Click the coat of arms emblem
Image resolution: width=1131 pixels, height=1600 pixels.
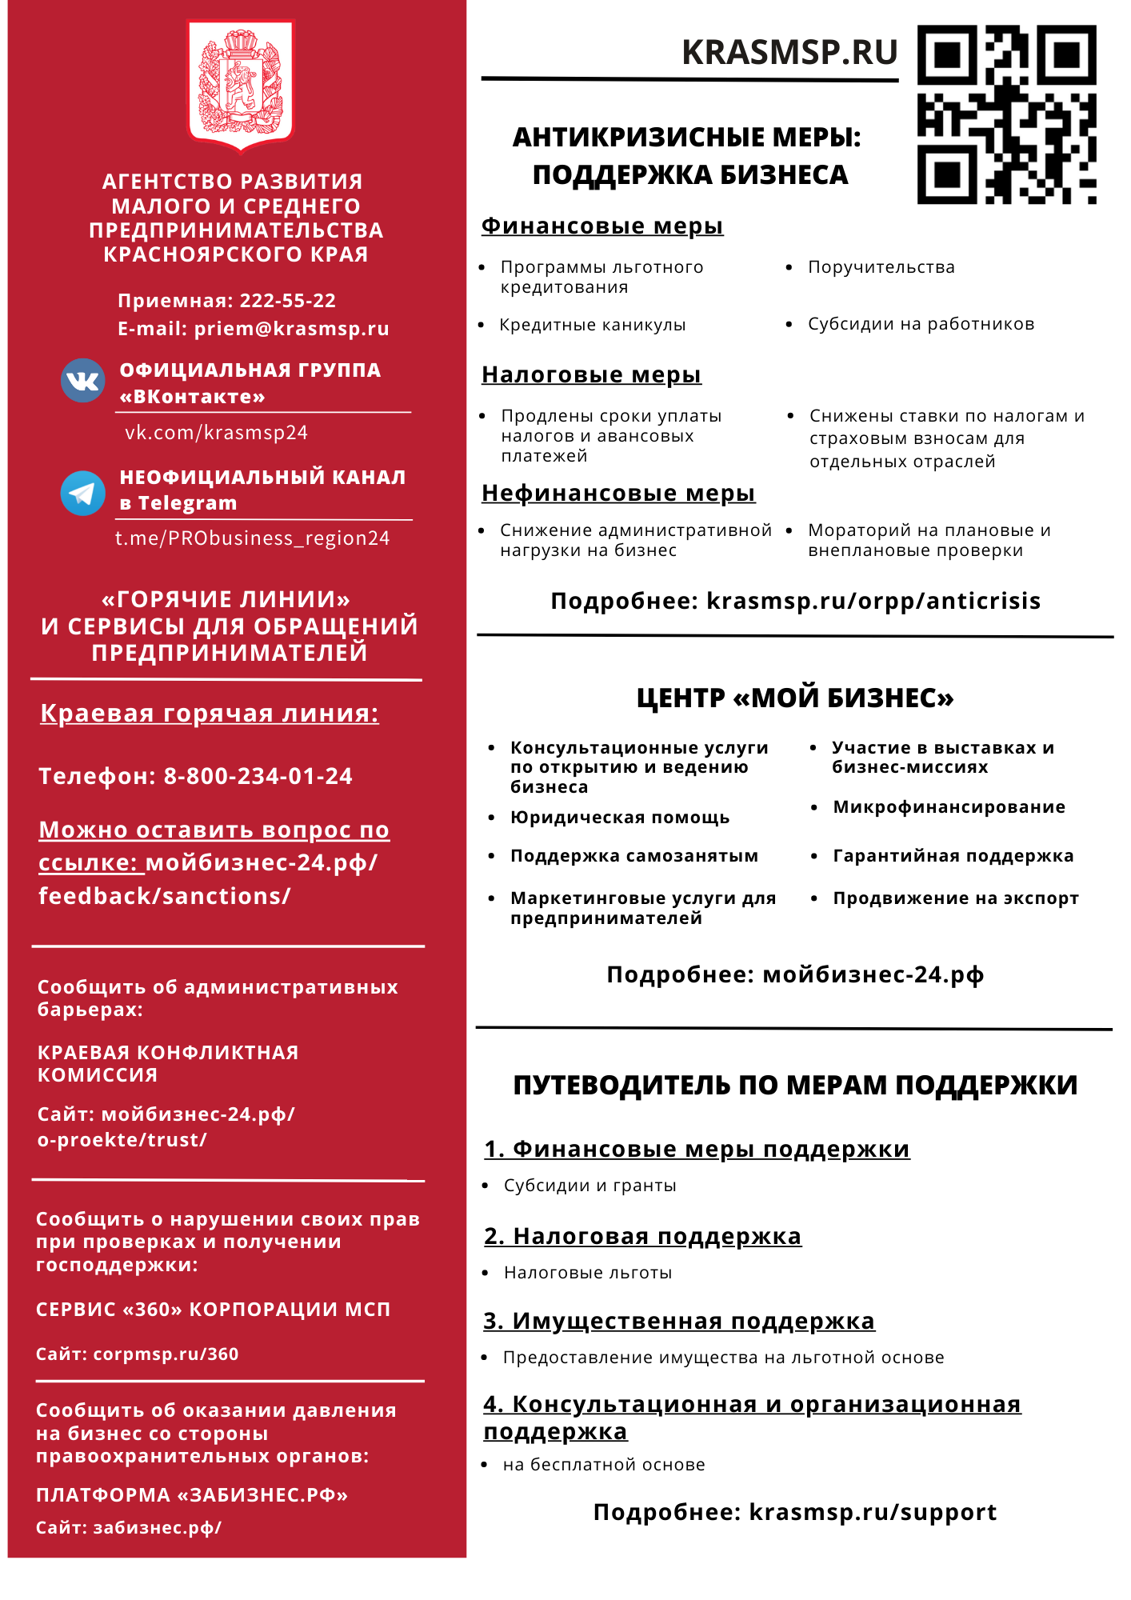click(241, 84)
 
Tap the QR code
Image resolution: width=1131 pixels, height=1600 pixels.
click(1006, 114)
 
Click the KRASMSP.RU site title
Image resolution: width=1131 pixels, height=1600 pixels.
click(789, 53)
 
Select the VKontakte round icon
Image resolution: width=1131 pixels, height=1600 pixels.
click(83, 381)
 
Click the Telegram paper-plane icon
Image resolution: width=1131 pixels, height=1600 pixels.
click(83, 493)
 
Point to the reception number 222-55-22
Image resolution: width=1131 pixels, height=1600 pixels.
click(288, 301)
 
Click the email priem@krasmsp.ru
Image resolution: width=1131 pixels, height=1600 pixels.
click(291, 329)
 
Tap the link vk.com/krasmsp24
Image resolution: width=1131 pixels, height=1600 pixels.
click(216, 433)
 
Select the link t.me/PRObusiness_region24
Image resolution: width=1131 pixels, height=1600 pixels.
click(252, 538)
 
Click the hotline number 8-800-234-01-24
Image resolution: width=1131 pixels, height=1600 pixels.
click(258, 776)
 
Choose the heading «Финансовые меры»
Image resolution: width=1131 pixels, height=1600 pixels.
click(602, 226)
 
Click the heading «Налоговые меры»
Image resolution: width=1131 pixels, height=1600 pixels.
click(591, 374)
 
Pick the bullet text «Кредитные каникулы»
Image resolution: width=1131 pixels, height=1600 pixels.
click(593, 325)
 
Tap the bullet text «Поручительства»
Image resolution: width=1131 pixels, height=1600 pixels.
click(881, 267)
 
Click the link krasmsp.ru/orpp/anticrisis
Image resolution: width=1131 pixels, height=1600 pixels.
click(873, 601)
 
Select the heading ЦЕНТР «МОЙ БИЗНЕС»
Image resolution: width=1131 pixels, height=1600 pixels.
click(795, 698)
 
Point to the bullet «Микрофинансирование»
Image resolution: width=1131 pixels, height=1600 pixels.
click(949, 807)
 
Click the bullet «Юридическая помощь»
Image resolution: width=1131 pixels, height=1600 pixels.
click(620, 818)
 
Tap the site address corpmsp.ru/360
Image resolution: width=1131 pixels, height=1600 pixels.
click(166, 1354)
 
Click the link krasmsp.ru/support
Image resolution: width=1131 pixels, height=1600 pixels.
click(873, 1512)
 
